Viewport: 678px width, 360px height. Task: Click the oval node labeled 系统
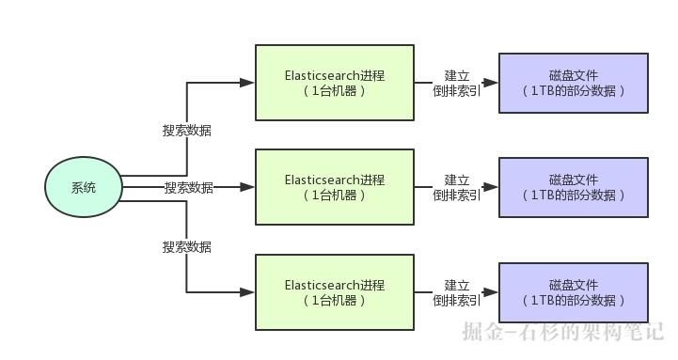84,187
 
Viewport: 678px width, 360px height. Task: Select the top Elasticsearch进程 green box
335,83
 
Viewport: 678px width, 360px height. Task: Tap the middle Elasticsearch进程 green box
335,187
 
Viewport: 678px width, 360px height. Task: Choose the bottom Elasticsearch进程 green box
335,292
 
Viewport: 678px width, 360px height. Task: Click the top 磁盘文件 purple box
573,83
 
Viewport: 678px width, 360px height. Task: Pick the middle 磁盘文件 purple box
573,187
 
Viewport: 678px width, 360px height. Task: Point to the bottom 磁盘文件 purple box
573,292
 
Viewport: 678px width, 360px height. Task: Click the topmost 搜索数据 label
187,131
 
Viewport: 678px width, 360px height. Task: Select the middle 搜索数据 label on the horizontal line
188,188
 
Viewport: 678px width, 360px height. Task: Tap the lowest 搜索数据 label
187,247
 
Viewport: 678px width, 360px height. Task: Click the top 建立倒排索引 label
457,83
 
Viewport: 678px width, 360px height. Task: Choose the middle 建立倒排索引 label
457,187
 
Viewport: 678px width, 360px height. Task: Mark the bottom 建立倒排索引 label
457,292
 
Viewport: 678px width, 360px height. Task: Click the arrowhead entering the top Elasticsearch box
247,83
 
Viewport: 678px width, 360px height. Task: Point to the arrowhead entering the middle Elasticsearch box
247,187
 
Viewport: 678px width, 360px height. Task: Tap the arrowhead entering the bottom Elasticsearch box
247,292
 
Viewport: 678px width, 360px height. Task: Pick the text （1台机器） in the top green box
335,91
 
